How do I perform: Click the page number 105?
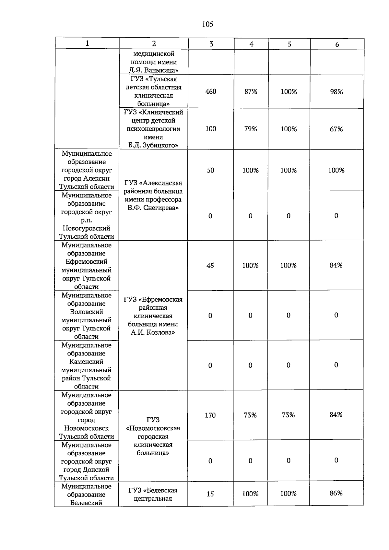207,24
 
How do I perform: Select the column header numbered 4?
251,44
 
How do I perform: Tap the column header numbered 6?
337,44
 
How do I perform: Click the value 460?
211,91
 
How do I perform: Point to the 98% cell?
336,92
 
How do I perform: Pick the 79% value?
251,129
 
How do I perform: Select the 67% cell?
336,129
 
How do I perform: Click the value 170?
210,415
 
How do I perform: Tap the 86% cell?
336,493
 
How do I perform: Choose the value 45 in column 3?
210,266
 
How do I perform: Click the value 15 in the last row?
210,494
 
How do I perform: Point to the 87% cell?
251,92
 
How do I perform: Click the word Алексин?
96,178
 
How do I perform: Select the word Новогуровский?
86,228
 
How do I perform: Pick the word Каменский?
86,362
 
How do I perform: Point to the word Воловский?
86,312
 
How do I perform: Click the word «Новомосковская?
153,428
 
